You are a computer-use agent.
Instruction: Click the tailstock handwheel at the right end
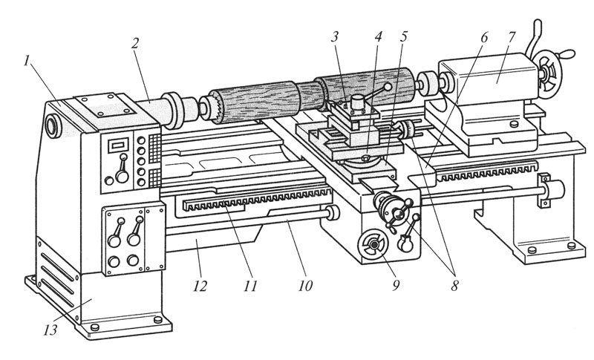pos(550,71)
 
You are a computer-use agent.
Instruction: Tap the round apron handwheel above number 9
pos(371,245)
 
